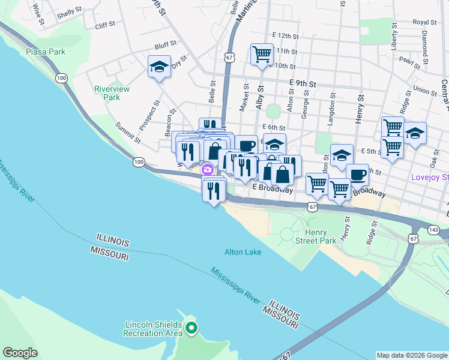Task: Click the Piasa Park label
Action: (x=46, y=52)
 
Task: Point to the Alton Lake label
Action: (x=243, y=252)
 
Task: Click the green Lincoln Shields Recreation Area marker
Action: (x=191, y=328)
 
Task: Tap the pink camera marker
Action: (x=208, y=170)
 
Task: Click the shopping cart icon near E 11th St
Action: (x=262, y=54)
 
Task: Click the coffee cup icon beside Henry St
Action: (x=358, y=175)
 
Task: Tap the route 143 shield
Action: (x=433, y=229)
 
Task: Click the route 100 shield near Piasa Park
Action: (x=61, y=78)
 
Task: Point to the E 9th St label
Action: (x=302, y=85)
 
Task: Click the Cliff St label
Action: (x=104, y=26)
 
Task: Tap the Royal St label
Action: (x=420, y=22)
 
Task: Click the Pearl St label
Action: (x=409, y=61)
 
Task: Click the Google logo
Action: (x=20, y=353)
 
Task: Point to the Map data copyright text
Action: (x=411, y=355)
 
